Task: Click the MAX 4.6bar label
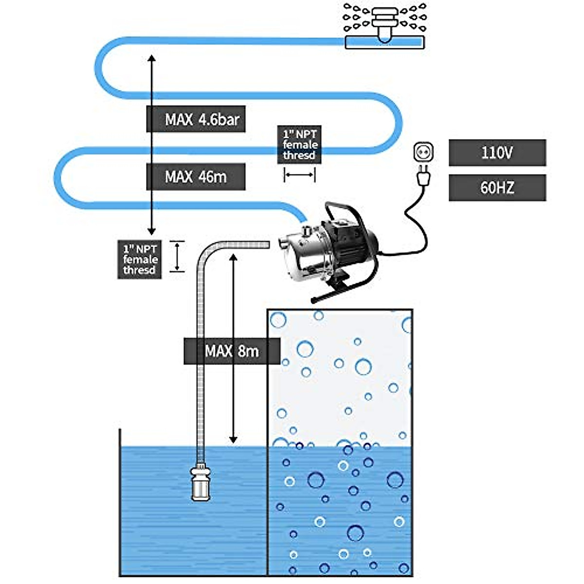196,119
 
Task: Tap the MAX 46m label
196,177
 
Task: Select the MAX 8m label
232,351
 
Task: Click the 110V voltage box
497,153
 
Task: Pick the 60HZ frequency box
497,187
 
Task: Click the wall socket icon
423,152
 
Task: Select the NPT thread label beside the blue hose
300,145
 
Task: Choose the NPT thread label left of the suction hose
139,259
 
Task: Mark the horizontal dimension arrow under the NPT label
300,175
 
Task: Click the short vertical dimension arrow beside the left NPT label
177,256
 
